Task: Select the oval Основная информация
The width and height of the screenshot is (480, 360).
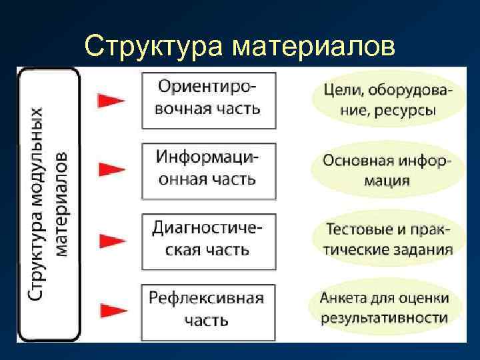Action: [x=387, y=171]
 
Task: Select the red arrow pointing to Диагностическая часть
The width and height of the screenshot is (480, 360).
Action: [x=111, y=239]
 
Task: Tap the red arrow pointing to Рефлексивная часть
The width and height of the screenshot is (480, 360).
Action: [x=111, y=309]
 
